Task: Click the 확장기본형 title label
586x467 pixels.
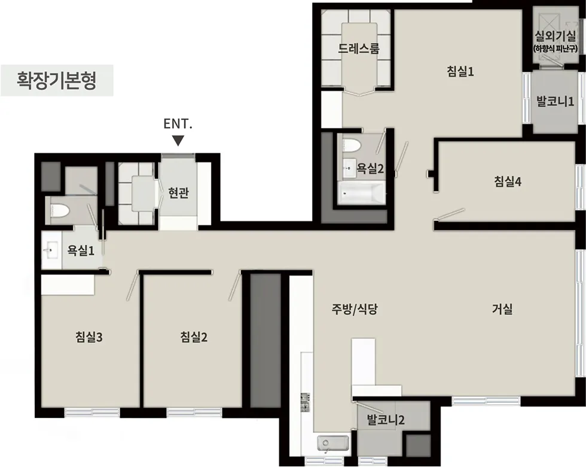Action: coord(57,80)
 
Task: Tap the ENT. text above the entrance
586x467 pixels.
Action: coord(178,124)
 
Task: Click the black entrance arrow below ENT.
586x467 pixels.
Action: coord(178,141)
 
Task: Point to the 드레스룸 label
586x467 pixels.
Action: coord(359,48)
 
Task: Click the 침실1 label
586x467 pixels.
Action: coord(460,72)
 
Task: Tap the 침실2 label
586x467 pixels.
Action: coord(194,337)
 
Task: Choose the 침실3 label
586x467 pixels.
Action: coord(90,337)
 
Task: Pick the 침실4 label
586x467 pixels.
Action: coord(508,181)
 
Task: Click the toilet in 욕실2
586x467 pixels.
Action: coord(352,145)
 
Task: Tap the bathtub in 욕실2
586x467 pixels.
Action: coord(361,193)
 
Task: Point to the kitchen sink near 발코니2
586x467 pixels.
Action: coord(332,444)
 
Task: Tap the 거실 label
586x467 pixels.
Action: coord(502,310)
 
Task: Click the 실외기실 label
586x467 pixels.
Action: coord(556,36)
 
